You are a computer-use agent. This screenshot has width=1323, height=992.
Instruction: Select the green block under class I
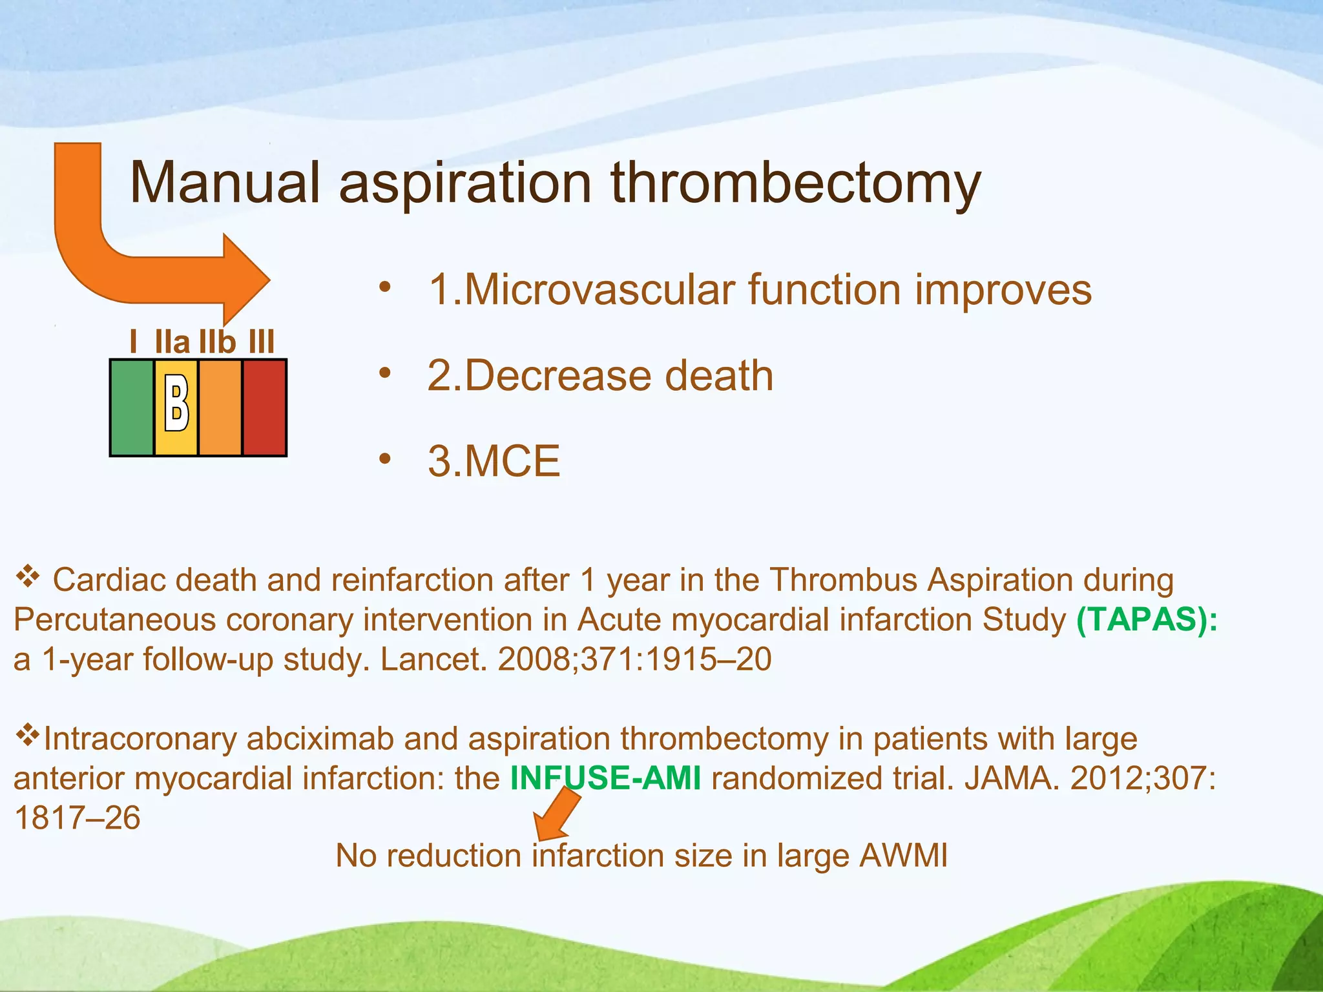[x=132, y=408]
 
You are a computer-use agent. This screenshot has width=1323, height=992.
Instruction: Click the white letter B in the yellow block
[x=176, y=404]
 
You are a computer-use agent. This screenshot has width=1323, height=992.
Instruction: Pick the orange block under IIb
[x=220, y=408]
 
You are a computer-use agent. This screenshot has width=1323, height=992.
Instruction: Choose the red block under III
[x=264, y=408]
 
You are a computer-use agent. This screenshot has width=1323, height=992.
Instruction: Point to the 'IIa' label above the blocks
[x=172, y=342]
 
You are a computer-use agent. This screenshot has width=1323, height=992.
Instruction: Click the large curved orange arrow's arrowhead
[x=245, y=280]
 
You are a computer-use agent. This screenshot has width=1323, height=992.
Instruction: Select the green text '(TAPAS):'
[x=1147, y=620]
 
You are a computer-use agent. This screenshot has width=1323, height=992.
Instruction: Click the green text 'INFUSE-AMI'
[x=605, y=778]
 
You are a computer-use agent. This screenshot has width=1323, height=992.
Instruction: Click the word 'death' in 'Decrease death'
[x=719, y=376]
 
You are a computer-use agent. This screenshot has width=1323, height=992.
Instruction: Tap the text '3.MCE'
[x=494, y=461]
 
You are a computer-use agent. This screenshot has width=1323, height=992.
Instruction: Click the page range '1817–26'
[x=77, y=818]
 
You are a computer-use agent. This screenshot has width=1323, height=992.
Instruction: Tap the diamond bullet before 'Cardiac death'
[x=28, y=576]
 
